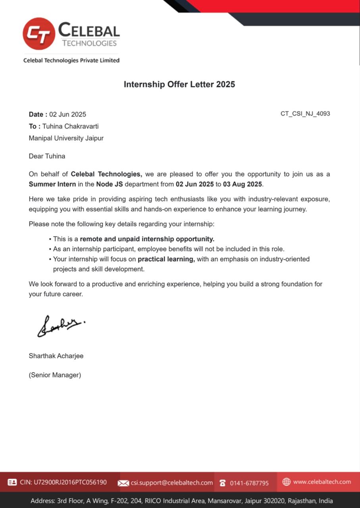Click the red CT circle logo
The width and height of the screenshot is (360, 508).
(x=39, y=34)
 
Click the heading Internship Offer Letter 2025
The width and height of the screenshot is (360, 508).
(x=179, y=84)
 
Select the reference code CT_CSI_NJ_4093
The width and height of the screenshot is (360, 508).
(x=305, y=114)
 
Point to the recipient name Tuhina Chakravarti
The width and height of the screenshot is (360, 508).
(x=71, y=126)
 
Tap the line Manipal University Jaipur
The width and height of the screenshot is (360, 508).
(x=66, y=138)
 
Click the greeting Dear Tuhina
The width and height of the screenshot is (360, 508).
(x=47, y=156)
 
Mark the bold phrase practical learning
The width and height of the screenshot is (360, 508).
(x=166, y=259)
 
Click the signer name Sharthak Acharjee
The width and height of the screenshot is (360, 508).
(x=56, y=356)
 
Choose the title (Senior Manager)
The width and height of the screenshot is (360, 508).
(x=55, y=375)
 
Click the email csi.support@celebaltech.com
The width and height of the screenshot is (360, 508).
(x=172, y=483)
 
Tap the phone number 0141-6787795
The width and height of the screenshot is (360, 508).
(x=249, y=483)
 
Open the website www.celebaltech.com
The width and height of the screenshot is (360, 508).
(x=322, y=482)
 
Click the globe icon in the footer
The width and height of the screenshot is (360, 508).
(x=287, y=482)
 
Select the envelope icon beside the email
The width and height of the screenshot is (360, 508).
(x=123, y=483)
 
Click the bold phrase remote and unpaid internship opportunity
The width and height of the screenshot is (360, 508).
(x=147, y=239)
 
